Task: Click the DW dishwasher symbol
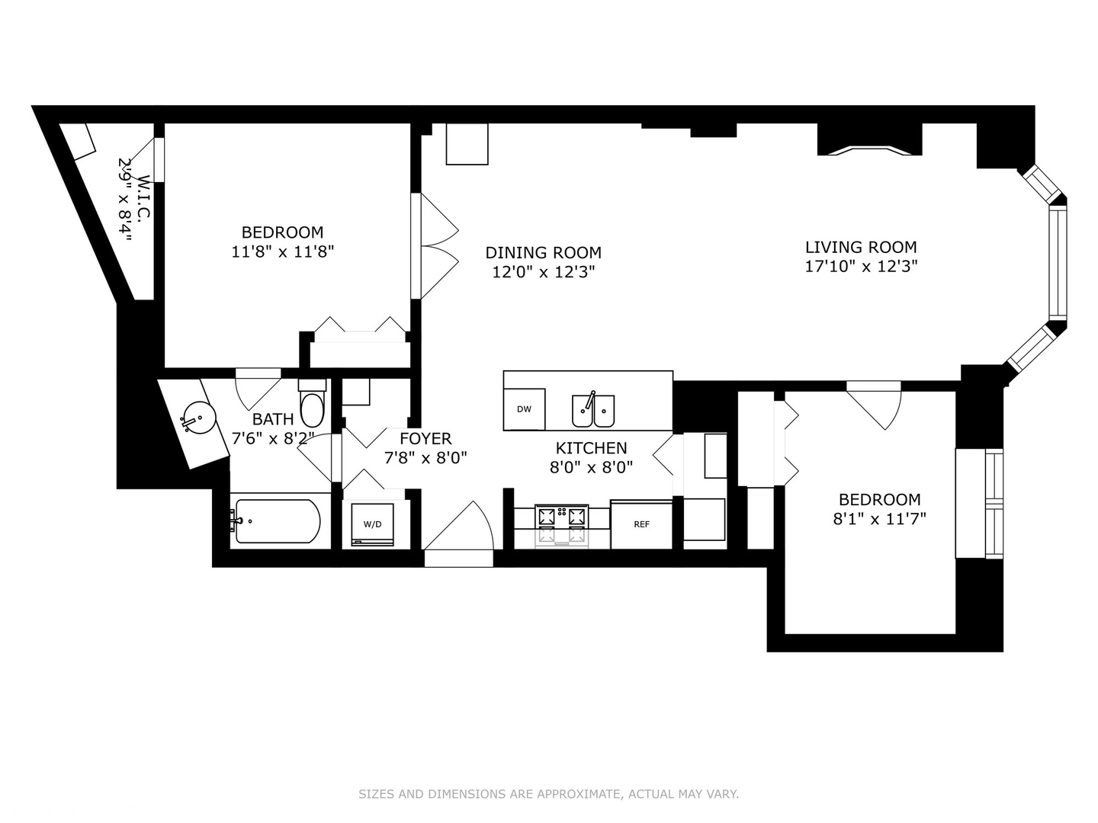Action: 525,409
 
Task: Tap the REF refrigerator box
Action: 641,524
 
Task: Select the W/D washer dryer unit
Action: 372,524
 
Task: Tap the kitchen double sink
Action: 593,411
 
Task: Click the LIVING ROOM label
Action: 861,247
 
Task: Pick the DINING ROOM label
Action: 543,252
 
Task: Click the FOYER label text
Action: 425,438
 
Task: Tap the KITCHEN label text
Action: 591,448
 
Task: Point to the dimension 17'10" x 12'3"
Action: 861,267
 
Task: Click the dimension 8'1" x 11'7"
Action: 879,519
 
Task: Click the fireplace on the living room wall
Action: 868,141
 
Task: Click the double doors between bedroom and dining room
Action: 436,246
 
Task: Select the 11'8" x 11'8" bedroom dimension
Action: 282,251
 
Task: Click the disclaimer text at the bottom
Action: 548,794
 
